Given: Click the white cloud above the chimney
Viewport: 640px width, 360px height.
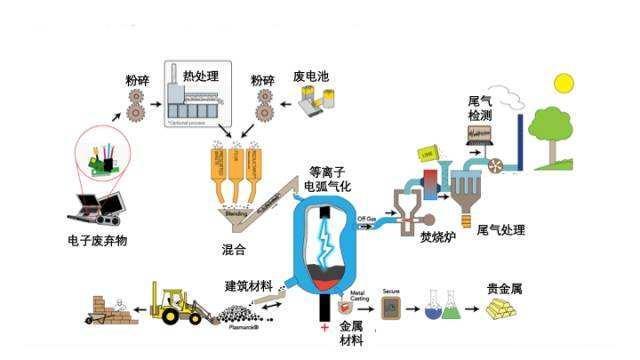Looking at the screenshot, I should (x=511, y=97).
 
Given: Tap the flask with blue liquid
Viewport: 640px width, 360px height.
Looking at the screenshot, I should (x=433, y=308).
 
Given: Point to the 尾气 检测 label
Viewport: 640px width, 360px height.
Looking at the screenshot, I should (x=479, y=109).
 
